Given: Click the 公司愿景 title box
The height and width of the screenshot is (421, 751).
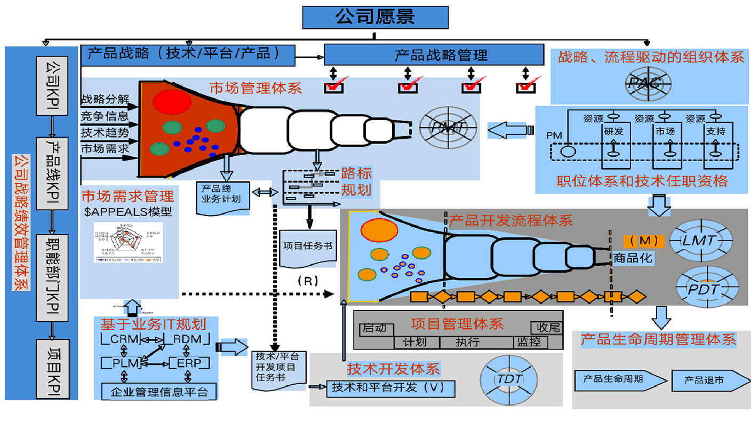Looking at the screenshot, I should pos(375,17).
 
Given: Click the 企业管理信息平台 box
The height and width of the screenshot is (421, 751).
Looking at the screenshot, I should pos(159,392).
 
